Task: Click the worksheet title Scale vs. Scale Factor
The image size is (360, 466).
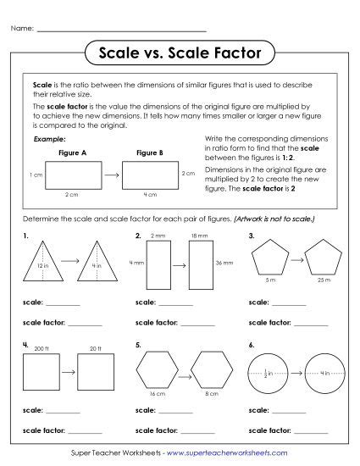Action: tap(180, 53)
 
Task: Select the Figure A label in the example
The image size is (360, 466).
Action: tap(73, 153)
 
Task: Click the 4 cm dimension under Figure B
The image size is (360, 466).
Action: tap(149, 195)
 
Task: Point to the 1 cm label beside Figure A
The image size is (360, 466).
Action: tap(36, 175)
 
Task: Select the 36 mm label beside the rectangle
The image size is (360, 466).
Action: tap(225, 263)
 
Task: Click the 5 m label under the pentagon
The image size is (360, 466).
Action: tap(269, 279)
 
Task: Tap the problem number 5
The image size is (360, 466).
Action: tap(138, 346)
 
